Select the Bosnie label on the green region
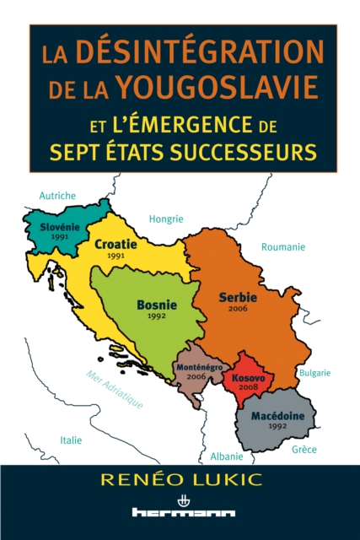pos(155,306)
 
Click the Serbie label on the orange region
pos(238,297)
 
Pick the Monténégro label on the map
pos(199,369)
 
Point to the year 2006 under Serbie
pos(238,308)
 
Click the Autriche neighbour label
pos(56,196)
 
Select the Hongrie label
pos(166,219)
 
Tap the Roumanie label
pos(283,247)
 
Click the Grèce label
pos(304,450)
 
